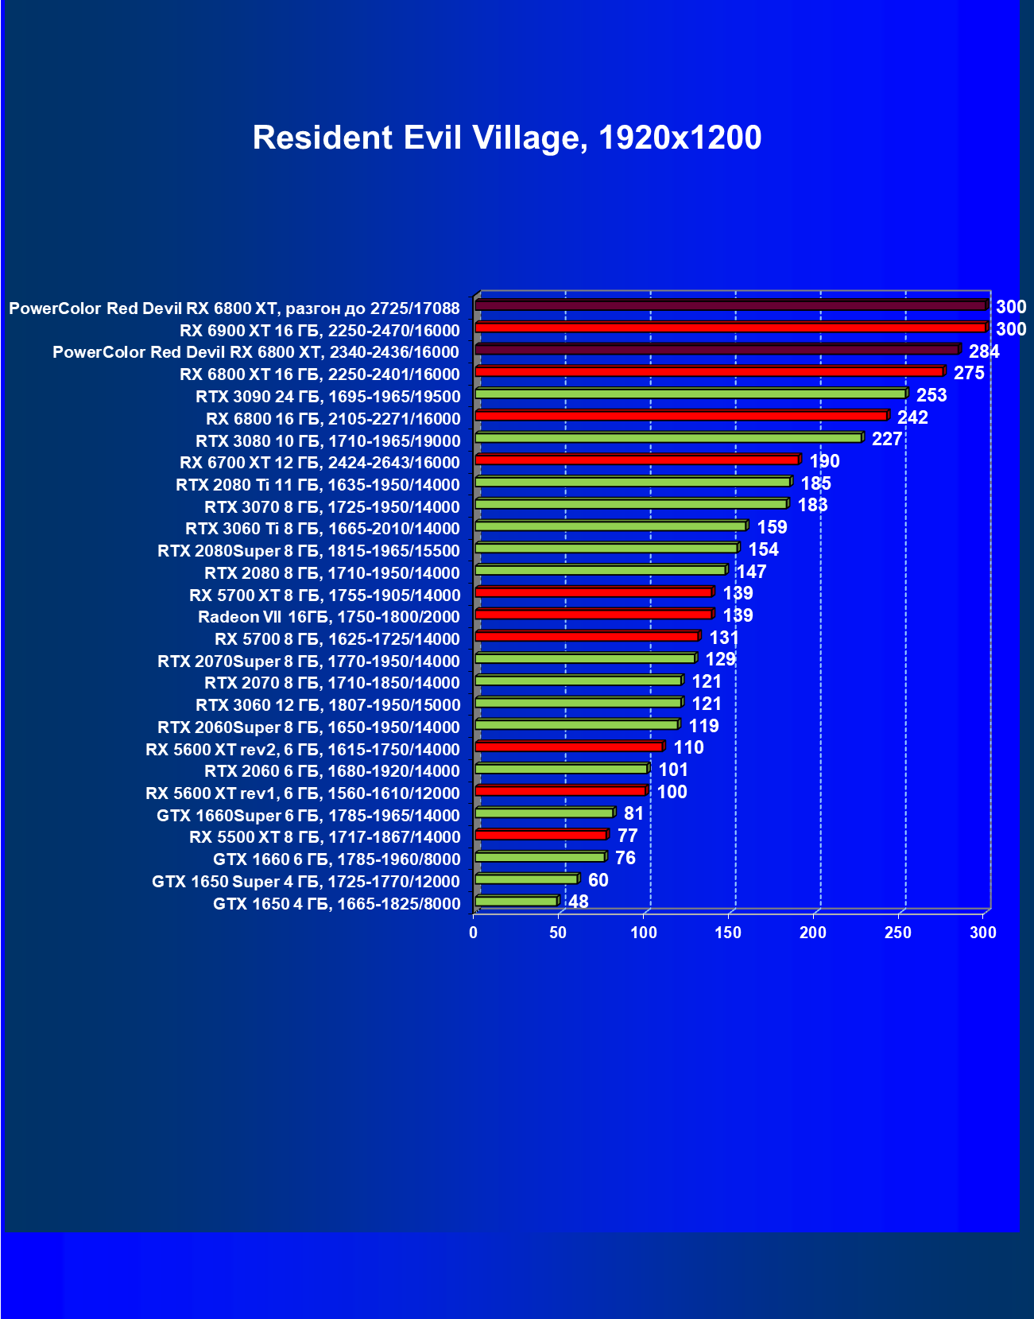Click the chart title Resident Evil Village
click(x=506, y=138)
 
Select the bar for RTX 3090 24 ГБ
click(x=690, y=394)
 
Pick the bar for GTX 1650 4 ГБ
click(x=516, y=901)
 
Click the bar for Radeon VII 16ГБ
click(x=593, y=614)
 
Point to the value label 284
click(x=984, y=351)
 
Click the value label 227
click(x=887, y=439)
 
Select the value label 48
click(x=579, y=902)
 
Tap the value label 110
click(x=688, y=747)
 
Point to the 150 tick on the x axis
click(x=728, y=933)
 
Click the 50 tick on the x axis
click(x=558, y=933)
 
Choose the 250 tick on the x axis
click(x=898, y=933)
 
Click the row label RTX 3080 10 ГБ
click(x=327, y=441)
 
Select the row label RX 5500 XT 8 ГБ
click(x=324, y=837)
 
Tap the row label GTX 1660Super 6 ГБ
click(x=308, y=816)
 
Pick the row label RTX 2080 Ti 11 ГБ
click(x=318, y=485)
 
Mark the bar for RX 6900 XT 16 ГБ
click(x=730, y=328)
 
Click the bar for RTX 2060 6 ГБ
click(x=561, y=769)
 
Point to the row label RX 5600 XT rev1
click(x=302, y=793)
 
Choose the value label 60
click(x=598, y=880)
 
